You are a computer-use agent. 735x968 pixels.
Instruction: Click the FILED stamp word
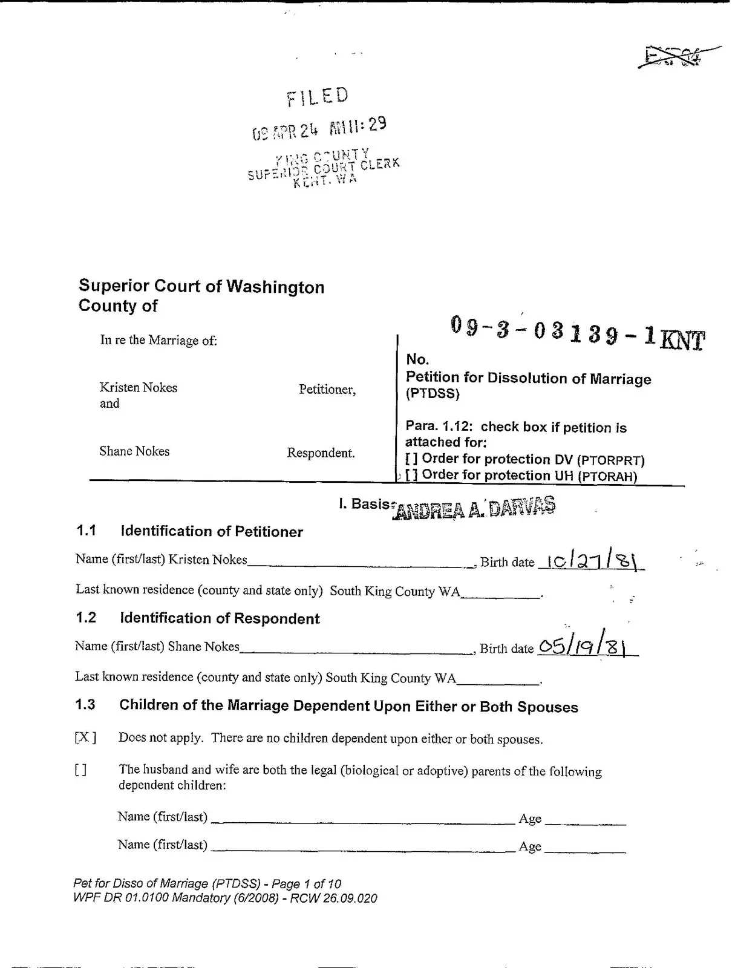318,97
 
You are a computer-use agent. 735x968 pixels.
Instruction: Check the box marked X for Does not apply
85,737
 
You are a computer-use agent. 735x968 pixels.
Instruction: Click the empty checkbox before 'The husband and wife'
80,770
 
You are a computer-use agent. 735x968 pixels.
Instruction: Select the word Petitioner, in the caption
327,390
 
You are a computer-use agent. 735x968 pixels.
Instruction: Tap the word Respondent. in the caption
321,453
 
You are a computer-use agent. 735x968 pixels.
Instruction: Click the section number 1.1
87,531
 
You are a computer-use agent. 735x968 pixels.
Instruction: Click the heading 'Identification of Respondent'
220,618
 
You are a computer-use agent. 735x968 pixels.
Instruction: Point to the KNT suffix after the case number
683,341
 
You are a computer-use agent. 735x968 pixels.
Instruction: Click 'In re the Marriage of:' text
158,340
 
